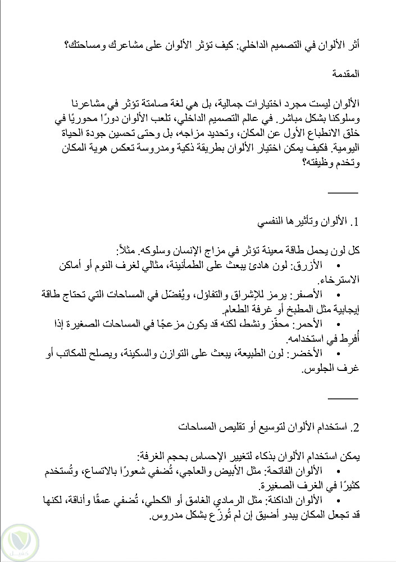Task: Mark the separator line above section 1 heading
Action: [x=342, y=193]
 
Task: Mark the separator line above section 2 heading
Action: [x=342, y=398]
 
